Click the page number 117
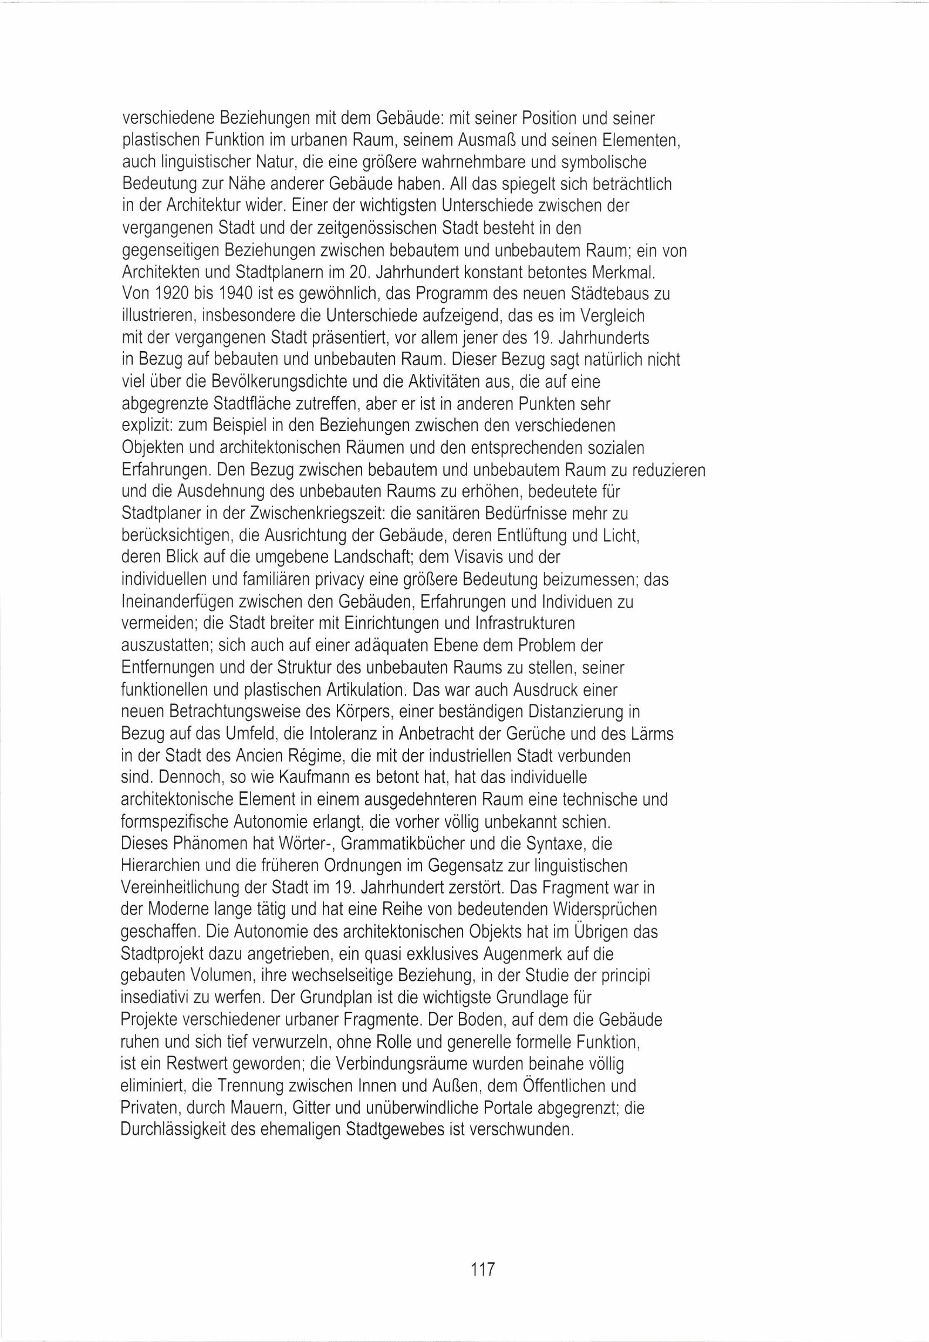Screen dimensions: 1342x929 483,1269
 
